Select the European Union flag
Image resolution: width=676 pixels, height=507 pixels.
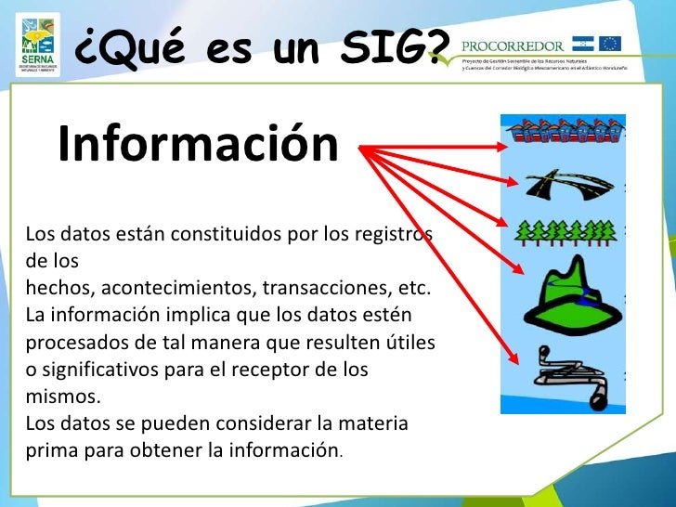610,43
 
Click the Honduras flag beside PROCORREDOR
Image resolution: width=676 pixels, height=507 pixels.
582,43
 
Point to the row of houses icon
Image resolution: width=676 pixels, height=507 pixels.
564,134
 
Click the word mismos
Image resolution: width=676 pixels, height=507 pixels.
61,397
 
